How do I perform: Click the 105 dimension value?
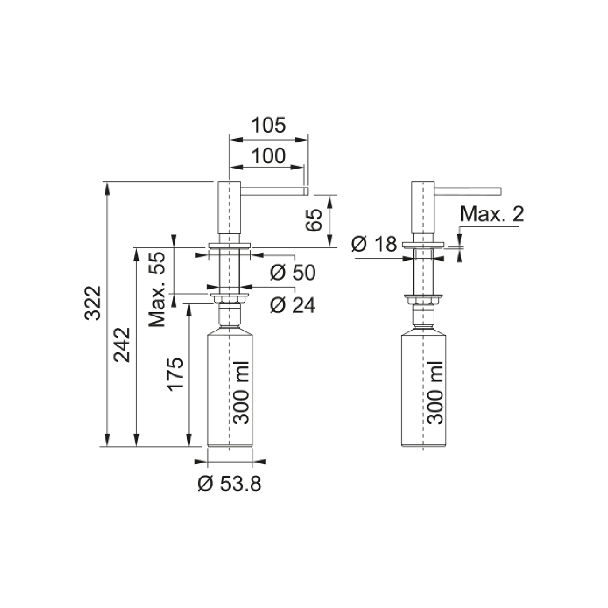pyautogui.click(x=269, y=125)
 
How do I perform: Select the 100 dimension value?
pyautogui.click(x=269, y=156)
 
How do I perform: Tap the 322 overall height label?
pyautogui.click(x=93, y=303)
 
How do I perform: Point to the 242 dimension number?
pyautogui.click(x=122, y=345)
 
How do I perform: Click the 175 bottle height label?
pyautogui.click(x=175, y=374)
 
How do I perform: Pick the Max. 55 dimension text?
pyautogui.click(x=157, y=289)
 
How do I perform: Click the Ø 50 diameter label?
pyautogui.click(x=292, y=272)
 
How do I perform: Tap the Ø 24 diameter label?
pyautogui.click(x=292, y=305)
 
